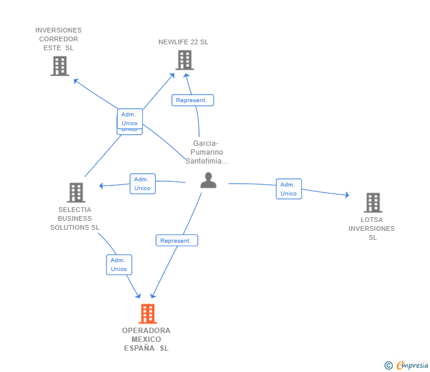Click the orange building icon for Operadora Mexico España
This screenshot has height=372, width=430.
(x=148, y=313)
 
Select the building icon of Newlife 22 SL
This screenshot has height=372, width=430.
(x=184, y=60)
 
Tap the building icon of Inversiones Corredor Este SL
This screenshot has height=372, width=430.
(x=60, y=66)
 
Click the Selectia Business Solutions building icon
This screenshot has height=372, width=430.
(x=76, y=192)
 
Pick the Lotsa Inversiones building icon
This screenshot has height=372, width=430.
(x=373, y=203)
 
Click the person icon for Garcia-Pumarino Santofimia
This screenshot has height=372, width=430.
(x=209, y=180)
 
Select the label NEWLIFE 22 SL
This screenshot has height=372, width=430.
(x=183, y=42)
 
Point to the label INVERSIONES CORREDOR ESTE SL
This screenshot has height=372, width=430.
(x=58, y=39)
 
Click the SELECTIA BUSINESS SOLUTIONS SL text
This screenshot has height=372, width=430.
(x=75, y=218)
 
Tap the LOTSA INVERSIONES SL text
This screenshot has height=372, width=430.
(x=372, y=229)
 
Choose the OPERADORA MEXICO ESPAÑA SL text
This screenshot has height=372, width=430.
(x=146, y=340)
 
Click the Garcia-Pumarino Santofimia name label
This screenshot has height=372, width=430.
(x=206, y=152)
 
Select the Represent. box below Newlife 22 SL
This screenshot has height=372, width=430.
(x=193, y=100)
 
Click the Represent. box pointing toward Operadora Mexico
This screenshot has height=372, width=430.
(x=177, y=240)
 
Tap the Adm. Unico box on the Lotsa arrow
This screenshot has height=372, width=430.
(x=289, y=189)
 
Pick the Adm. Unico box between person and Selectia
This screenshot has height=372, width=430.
(x=142, y=184)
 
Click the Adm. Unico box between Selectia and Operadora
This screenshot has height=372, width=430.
(x=119, y=265)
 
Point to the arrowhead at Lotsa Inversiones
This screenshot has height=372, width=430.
(x=347, y=195)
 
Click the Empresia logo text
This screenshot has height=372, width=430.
(x=412, y=366)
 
